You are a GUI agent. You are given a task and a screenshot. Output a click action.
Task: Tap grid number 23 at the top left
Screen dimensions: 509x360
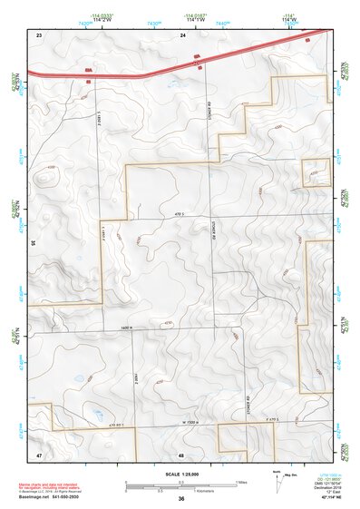point(39,34)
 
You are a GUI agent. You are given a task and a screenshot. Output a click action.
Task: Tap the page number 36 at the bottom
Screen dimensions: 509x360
point(181,498)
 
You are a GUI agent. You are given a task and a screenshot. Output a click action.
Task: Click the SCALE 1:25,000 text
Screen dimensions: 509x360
point(181,475)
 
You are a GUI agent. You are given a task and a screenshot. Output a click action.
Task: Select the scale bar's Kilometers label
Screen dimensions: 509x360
point(209,492)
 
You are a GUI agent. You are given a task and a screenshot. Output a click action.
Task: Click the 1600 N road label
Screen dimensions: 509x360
point(127,327)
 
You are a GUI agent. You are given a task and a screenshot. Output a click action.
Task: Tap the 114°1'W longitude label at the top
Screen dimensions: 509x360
point(194,21)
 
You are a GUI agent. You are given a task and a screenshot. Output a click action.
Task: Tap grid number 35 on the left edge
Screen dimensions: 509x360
point(33,243)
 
